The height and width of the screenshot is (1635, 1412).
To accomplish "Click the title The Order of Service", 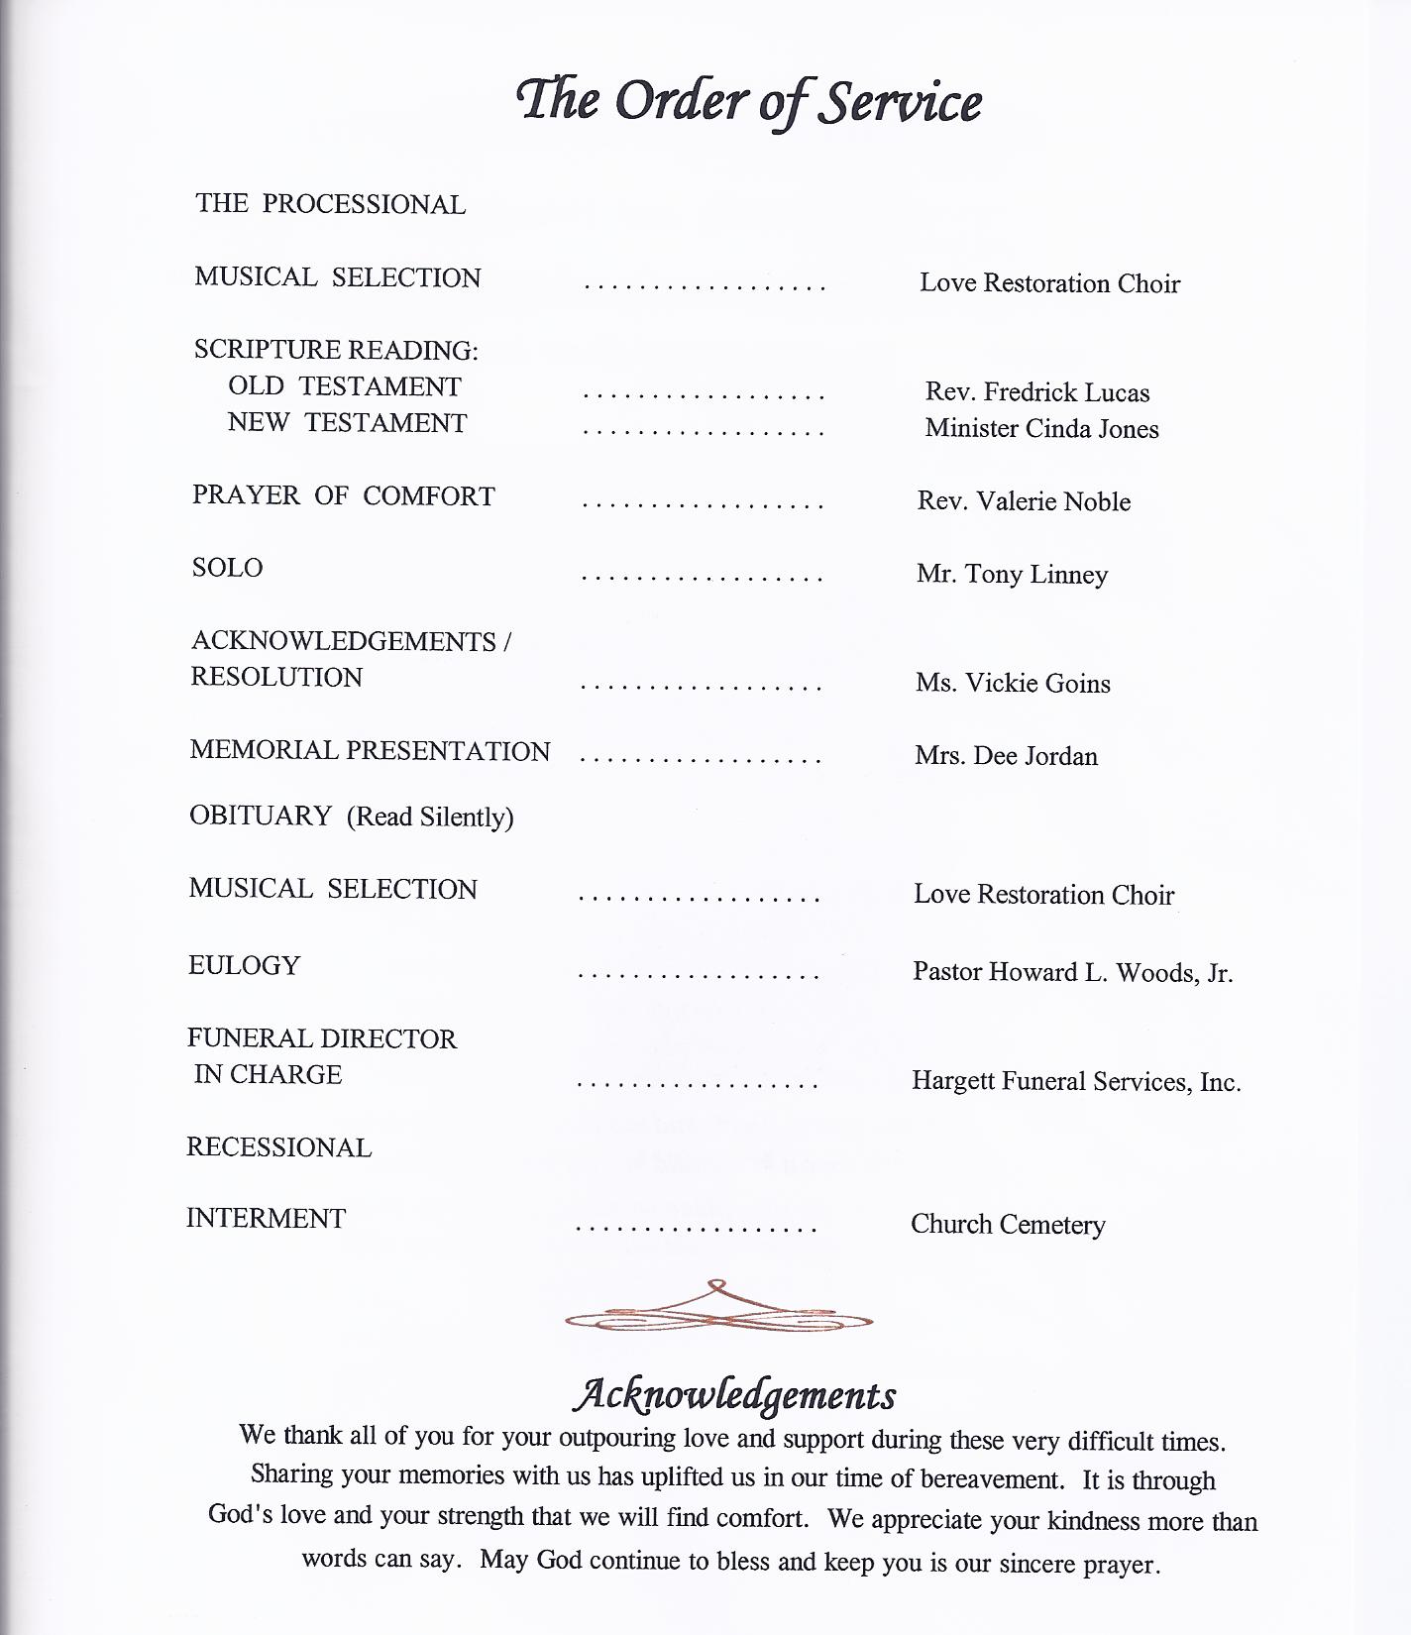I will tap(749, 101).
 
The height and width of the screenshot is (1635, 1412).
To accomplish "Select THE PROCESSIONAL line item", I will tap(330, 204).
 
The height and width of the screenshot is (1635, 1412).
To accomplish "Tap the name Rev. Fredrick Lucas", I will tap(1036, 392).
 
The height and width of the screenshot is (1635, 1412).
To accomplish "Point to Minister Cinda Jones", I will tap(1041, 429).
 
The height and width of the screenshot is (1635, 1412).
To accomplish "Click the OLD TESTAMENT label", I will tap(344, 386).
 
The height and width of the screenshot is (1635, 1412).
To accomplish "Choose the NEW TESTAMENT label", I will tap(347, 423).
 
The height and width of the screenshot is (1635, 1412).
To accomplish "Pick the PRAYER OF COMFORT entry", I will tap(343, 495).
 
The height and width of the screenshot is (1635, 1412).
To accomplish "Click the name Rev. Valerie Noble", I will tap(1024, 501).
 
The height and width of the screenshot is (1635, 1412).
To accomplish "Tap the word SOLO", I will tap(227, 568).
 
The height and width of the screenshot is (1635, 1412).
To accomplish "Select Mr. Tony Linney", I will tap(1012, 575).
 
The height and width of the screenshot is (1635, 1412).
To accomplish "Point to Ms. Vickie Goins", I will tap(1013, 684).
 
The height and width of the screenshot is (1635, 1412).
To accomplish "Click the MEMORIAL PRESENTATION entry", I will tap(370, 751).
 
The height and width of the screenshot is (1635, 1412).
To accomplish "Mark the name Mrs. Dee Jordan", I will tap(1006, 757).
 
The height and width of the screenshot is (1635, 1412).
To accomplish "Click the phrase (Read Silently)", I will tap(430, 817).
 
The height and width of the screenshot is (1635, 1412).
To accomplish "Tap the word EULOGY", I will tap(244, 966).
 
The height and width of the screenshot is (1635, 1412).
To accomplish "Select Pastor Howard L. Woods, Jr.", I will tap(1072, 973).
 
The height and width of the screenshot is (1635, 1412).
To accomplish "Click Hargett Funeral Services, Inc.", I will tap(1076, 1082).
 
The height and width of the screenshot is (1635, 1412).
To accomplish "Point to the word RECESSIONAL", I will tap(278, 1147).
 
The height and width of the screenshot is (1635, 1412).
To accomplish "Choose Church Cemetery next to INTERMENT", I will tap(1008, 1226).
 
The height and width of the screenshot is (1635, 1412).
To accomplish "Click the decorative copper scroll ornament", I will tap(718, 1308).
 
